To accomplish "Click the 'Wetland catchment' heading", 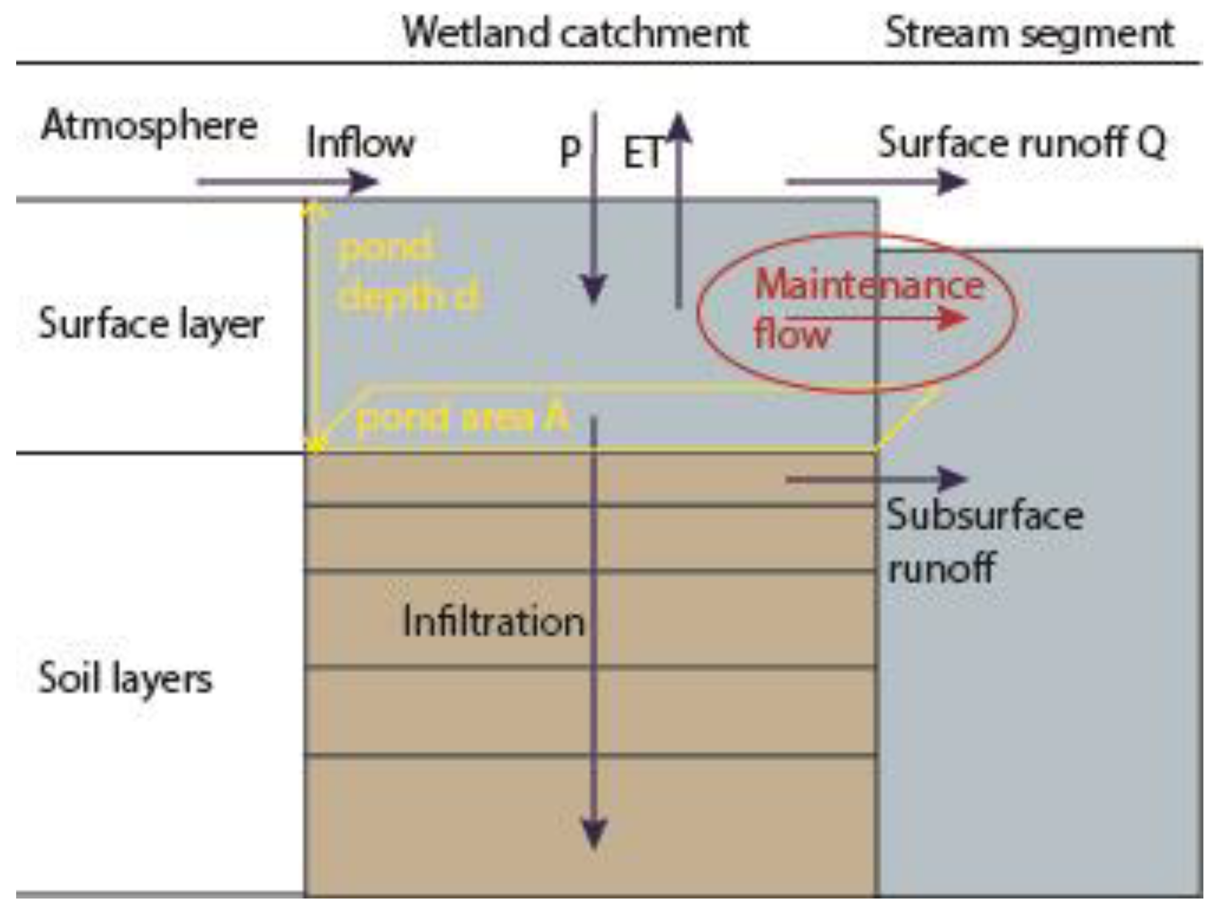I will pos(576,33).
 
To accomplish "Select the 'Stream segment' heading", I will pos(1029,33).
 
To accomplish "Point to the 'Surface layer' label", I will pos(151,325).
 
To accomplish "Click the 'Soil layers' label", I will pos(125,679).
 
